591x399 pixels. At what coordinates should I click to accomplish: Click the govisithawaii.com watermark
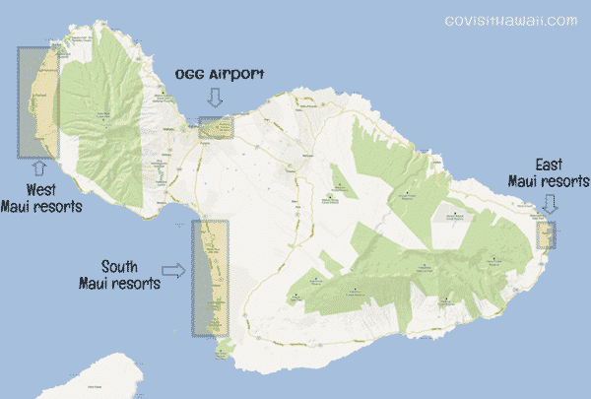509,20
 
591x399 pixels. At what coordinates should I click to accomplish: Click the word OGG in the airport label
193,75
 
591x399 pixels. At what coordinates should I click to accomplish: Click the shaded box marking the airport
216,128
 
